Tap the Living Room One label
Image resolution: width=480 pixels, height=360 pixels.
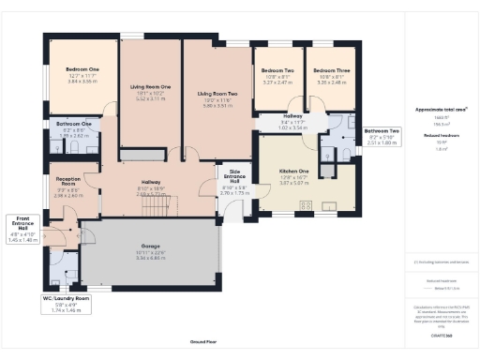tap(150, 86)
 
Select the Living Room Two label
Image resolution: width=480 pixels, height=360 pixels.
tap(217, 94)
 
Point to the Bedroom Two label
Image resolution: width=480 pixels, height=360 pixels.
tap(277, 70)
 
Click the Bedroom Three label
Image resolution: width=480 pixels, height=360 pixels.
tap(331, 70)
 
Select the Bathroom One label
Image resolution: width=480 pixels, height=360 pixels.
tap(74, 124)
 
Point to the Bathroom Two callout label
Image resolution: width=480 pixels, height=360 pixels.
tap(382, 130)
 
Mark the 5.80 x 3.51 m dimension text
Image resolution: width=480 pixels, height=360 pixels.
tap(217, 107)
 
